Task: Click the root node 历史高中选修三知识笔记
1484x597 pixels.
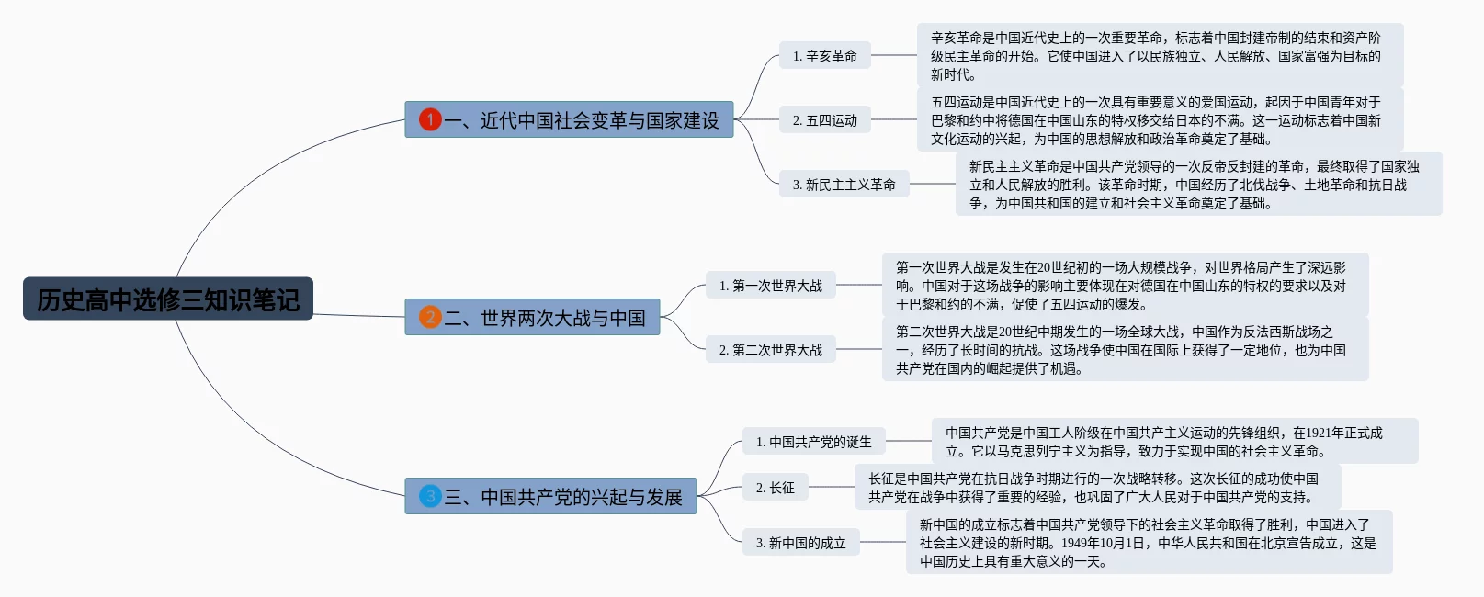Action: point(168,298)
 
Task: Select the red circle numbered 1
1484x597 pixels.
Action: point(430,119)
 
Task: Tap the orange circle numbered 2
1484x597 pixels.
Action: point(430,317)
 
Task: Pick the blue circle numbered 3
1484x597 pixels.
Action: point(430,496)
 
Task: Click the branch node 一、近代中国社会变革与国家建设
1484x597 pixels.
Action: point(569,119)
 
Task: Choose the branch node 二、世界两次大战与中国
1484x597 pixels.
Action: point(532,317)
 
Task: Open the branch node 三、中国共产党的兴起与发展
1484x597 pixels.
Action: point(550,496)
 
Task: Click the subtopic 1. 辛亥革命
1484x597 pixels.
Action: point(825,56)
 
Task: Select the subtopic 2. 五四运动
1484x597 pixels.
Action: point(825,119)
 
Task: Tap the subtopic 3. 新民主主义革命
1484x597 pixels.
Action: point(844,184)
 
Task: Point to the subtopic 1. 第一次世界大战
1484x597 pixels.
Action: point(771,286)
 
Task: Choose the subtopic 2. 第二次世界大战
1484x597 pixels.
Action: point(771,349)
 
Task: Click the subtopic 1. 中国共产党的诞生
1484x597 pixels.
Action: point(813,442)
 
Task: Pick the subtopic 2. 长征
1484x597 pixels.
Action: point(776,487)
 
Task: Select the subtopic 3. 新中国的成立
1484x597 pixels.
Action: point(801,543)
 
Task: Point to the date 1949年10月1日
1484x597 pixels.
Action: point(1103,543)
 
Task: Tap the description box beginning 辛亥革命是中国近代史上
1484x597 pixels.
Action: point(1160,56)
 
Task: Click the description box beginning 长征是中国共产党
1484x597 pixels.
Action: point(1097,487)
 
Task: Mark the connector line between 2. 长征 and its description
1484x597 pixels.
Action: point(832,487)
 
